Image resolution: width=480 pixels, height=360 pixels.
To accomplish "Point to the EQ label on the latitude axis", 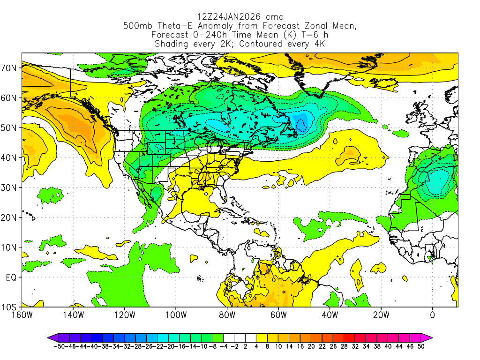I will point(11,277).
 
